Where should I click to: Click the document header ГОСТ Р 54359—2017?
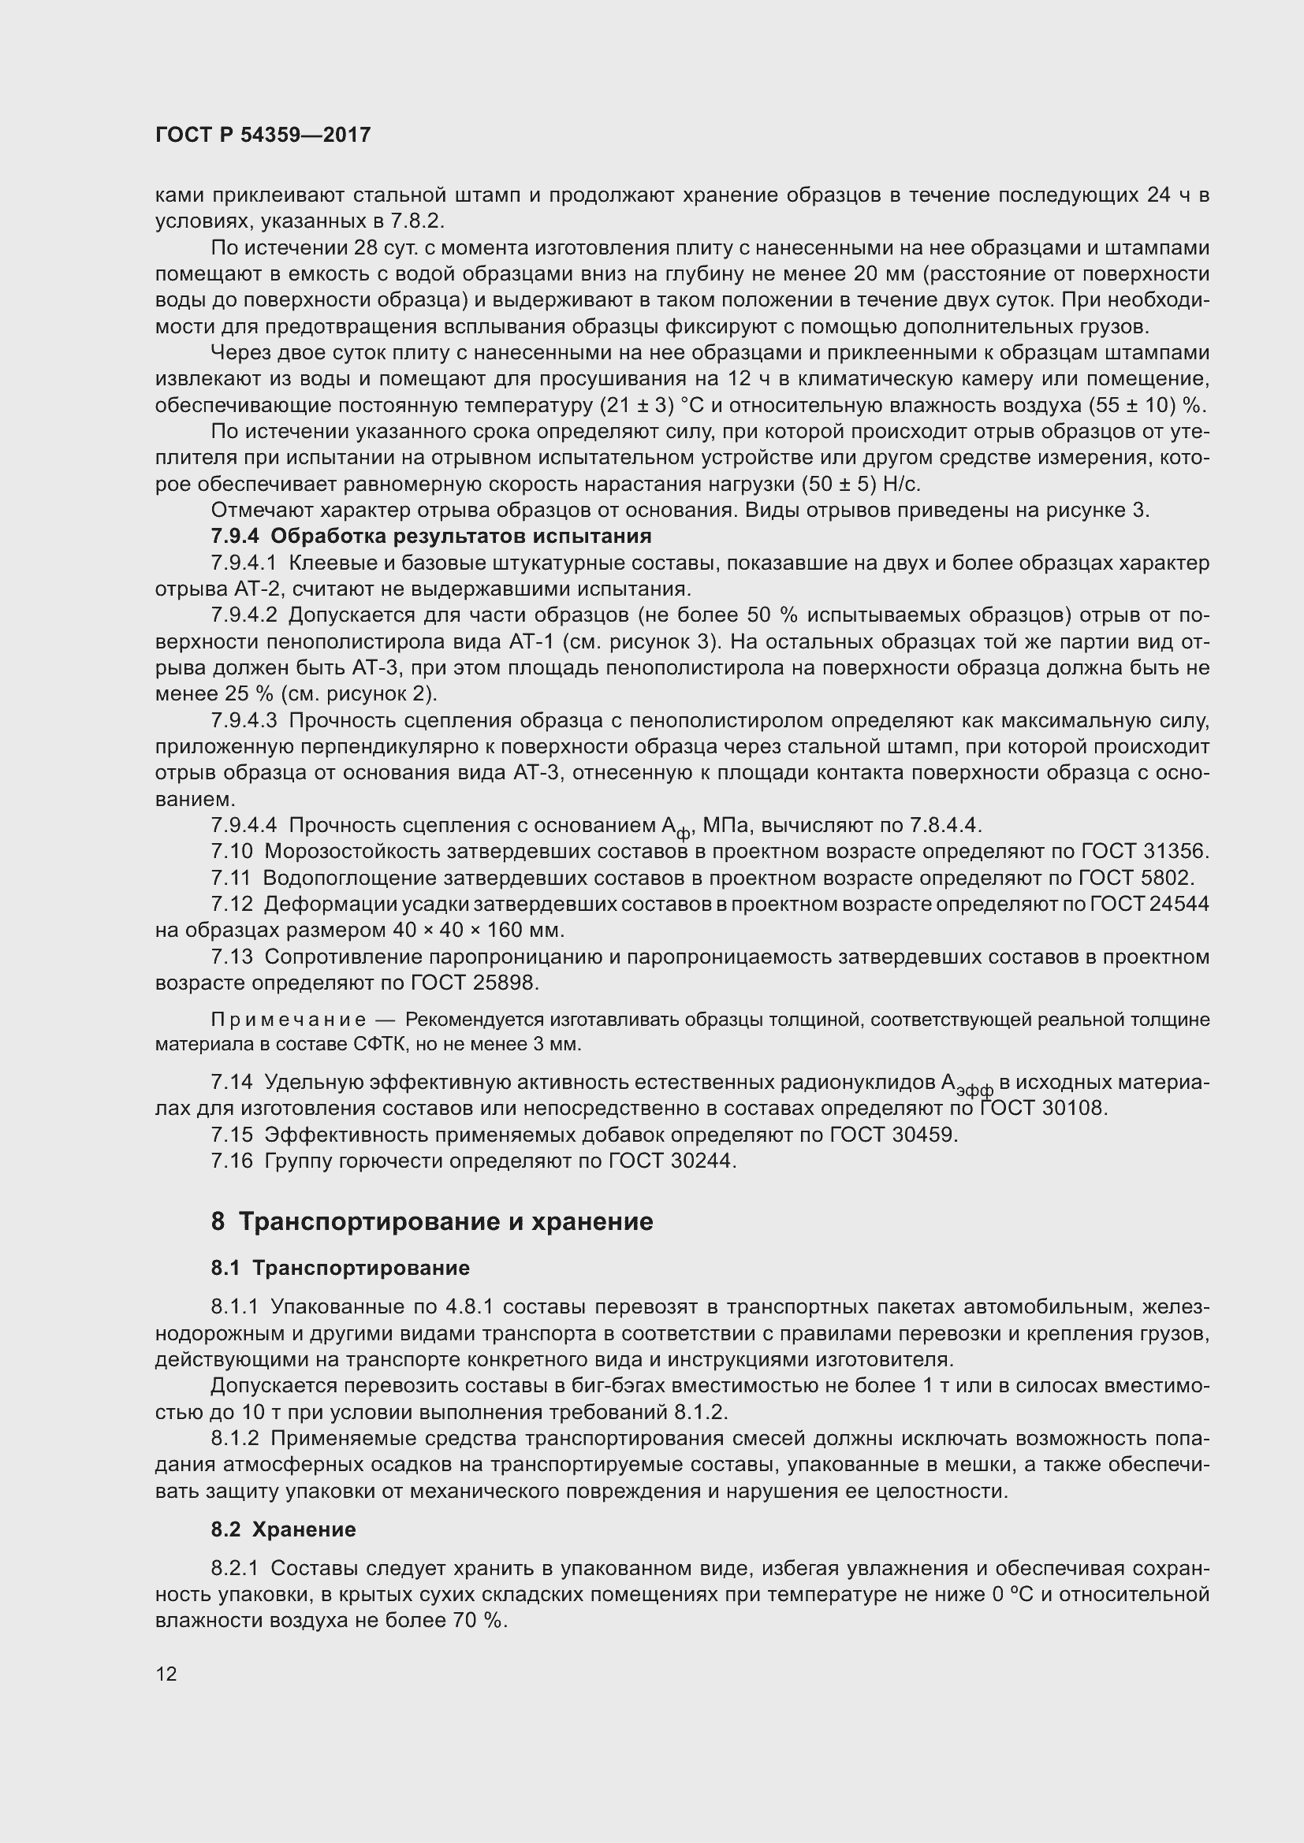pyautogui.click(x=263, y=135)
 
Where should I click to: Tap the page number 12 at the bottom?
pyautogui.click(x=166, y=1674)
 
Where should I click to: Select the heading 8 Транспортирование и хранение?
pyautogui.click(x=432, y=1221)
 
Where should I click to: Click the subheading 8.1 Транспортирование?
pyautogui.click(x=341, y=1268)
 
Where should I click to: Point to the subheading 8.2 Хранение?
pyautogui.click(x=284, y=1529)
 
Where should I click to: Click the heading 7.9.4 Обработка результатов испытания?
pyautogui.click(x=431, y=535)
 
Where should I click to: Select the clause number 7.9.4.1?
pyautogui.click(x=244, y=563)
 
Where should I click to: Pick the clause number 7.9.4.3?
pyautogui.click(x=244, y=721)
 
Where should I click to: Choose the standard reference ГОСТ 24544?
pyautogui.click(x=1149, y=904)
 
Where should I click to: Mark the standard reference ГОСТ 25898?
pyautogui.click(x=475, y=983)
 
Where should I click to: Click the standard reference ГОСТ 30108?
pyautogui.click(x=1044, y=1109)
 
